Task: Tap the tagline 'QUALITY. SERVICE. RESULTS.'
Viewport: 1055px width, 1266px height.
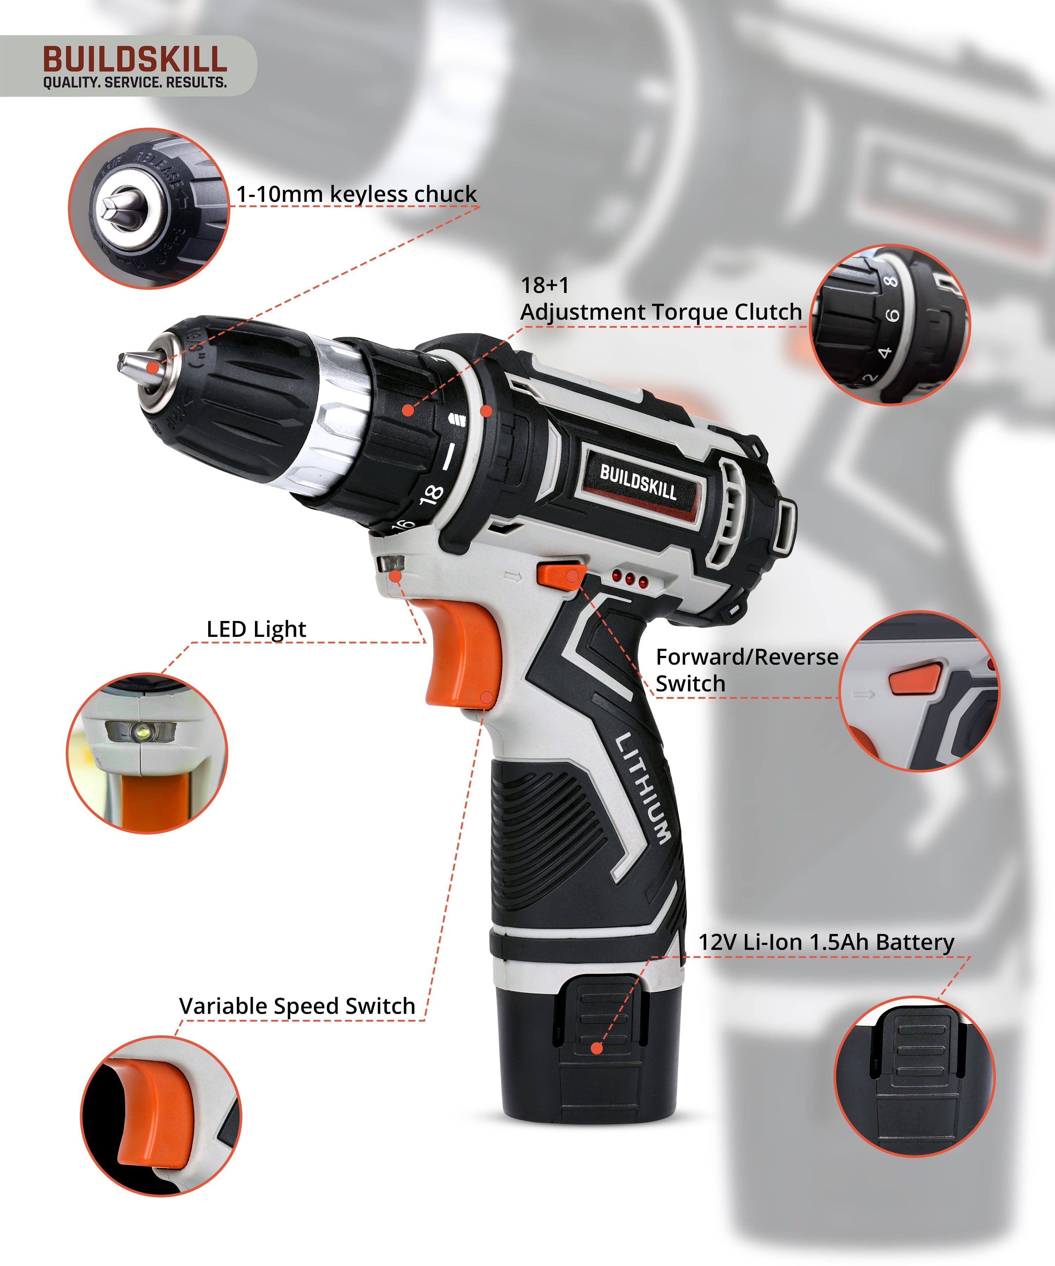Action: pos(135,83)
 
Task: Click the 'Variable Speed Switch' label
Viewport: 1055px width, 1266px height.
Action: pos(297,1006)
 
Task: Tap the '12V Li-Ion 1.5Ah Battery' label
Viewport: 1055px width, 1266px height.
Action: pos(826,942)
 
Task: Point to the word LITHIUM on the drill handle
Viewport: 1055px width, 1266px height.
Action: pos(642,787)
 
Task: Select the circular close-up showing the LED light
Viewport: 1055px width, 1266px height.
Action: pos(147,754)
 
